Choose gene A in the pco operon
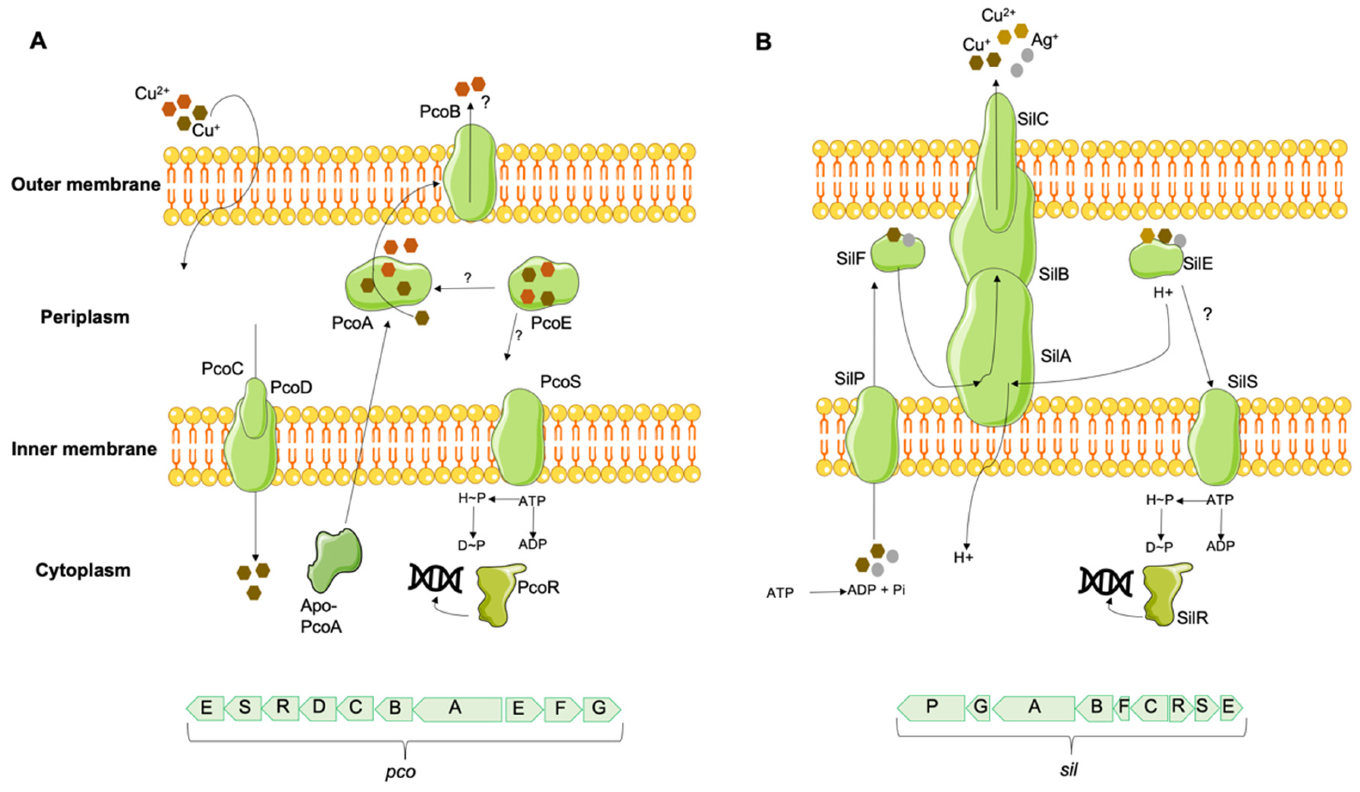[456, 708]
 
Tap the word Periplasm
[85, 317]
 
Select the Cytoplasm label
[83, 570]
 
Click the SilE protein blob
[1155, 260]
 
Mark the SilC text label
[1033, 119]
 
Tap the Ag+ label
[1044, 40]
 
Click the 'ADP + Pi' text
[876, 590]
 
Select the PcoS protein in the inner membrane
[518, 437]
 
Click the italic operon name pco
[400, 772]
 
